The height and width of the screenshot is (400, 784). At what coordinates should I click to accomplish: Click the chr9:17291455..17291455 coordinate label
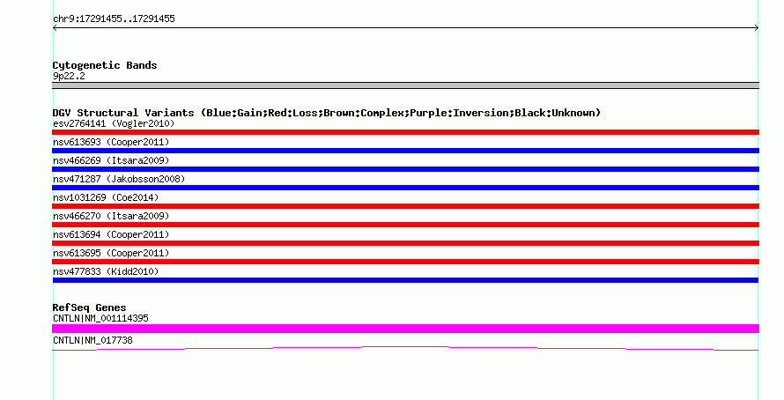[x=114, y=19]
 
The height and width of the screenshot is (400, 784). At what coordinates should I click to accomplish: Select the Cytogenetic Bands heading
[x=105, y=65]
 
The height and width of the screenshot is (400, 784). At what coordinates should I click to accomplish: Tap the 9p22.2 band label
[x=69, y=76]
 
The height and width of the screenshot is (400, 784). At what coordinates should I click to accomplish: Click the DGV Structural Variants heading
[x=327, y=113]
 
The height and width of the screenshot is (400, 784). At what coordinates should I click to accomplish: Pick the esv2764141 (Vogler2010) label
[x=114, y=123]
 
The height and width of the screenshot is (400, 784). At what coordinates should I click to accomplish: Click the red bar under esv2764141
[x=405, y=132]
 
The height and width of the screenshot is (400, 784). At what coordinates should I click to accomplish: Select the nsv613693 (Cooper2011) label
[x=111, y=142]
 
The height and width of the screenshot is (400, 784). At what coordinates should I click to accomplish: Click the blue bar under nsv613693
[x=405, y=151]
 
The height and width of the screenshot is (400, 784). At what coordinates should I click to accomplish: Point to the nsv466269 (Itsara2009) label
[x=111, y=160]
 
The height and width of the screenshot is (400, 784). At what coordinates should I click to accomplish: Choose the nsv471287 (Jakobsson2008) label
[x=119, y=179]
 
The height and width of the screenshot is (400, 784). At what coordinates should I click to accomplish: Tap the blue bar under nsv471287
[x=405, y=188]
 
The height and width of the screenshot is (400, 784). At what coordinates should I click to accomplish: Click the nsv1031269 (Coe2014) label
[x=106, y=197]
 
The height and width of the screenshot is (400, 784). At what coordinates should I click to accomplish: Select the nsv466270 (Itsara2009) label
[x=111, y=216]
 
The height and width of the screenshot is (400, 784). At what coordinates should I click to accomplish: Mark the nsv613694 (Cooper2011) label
[x=111, y=234]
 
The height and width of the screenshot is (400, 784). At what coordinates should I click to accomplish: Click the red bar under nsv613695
[x=405, y=262]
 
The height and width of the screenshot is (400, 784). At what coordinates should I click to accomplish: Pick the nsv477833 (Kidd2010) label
[x=106, y=271]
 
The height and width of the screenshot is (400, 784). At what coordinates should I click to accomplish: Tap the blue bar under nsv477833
[x=405, y=280]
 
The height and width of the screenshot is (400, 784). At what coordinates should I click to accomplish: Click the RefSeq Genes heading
[x=89, y=307]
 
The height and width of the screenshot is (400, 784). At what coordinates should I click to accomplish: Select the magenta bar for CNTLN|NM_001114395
[x=405, y=329]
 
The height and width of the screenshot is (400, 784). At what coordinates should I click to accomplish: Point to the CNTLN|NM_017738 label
[x=92, y=340]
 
